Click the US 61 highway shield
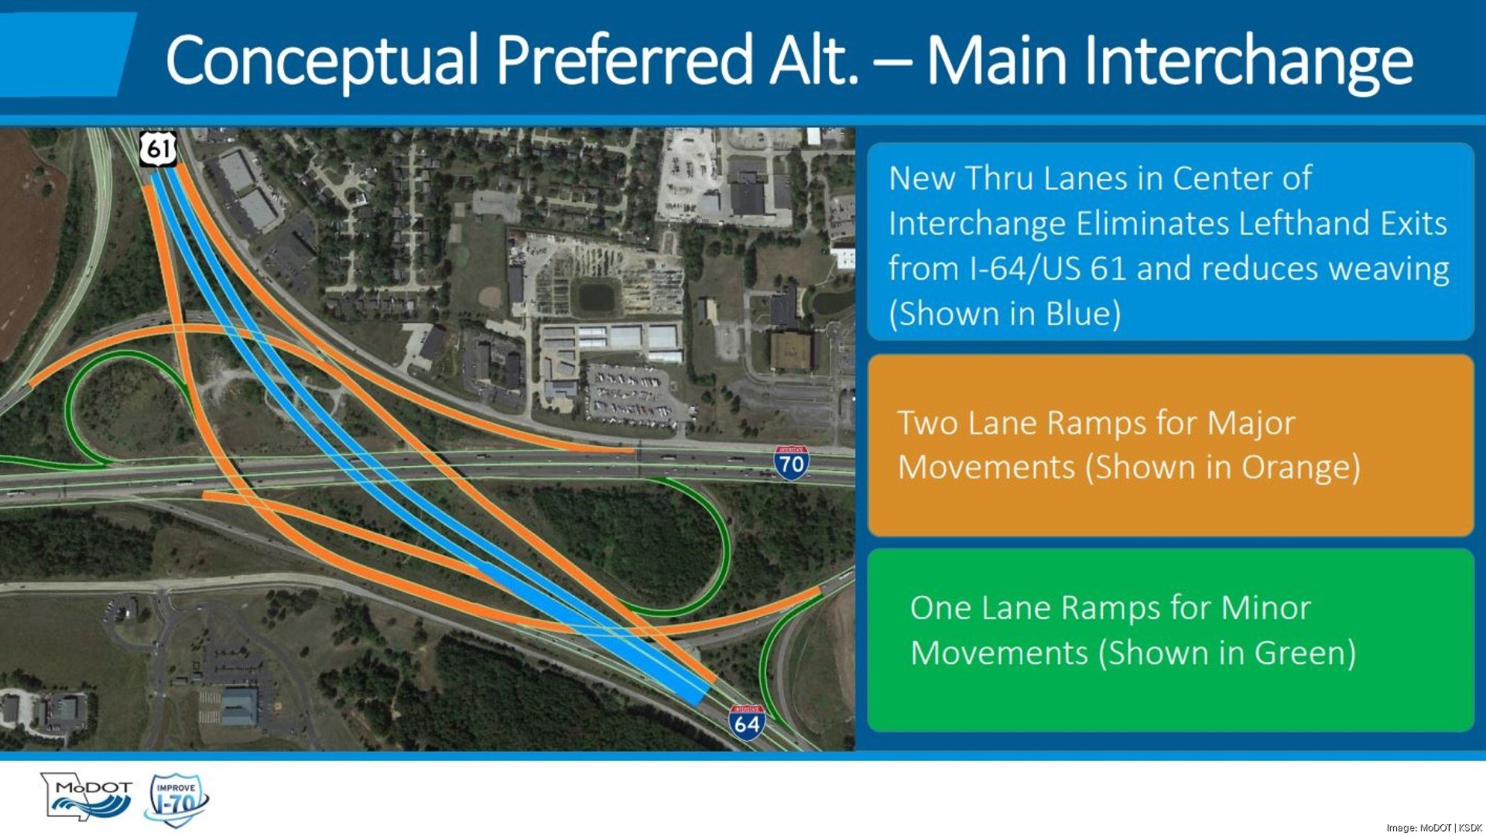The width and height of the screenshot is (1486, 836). (159, 148)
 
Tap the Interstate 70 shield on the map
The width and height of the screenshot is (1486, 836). (791, 463)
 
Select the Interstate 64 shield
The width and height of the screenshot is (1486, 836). (747, 723)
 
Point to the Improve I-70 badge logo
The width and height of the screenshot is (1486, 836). (176, 800)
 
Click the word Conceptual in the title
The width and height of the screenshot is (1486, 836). (321, 60)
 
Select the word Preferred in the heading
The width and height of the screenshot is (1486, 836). (624, 60)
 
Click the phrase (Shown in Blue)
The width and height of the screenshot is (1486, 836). (1005, 314)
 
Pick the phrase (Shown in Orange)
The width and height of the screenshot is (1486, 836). (1223, 468)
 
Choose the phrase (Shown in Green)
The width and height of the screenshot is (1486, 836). (1227, 653)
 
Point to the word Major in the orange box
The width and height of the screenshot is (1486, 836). (1251, 423)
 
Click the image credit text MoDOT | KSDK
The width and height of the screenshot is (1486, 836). (1450, 827)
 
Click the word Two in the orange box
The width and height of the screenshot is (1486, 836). (924, 423)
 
